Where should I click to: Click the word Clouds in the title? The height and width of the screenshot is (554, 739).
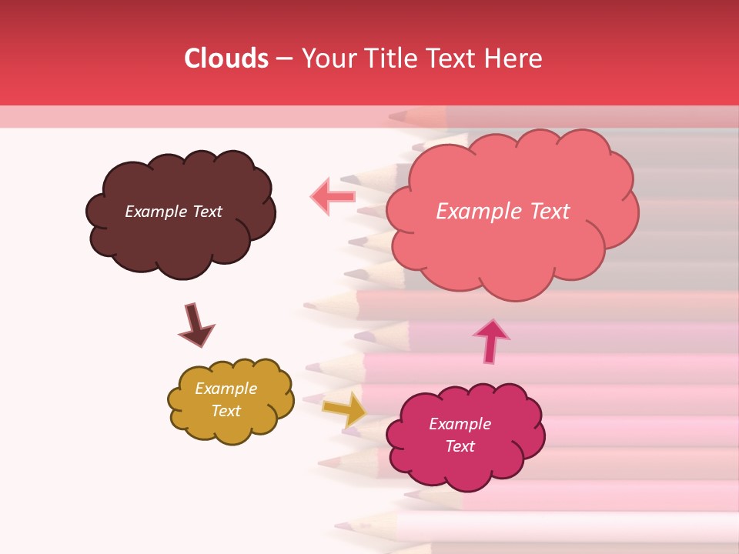(x=226, y=58)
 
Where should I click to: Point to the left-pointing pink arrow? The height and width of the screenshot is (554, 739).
(x=333, y=196)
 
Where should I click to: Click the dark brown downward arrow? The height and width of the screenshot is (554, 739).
(x=196, y=325)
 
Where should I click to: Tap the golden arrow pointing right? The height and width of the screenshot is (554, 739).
(x=345, y=409)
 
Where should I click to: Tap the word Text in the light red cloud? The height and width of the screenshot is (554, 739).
(x=543, y=212)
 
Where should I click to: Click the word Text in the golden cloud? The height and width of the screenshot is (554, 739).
(x=226, y=411)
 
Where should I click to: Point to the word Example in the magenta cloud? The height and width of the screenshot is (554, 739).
(x=460, y=424)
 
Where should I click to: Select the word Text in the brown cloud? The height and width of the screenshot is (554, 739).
(x=207, y=212)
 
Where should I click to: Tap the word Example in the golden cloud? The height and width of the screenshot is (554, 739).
(x=226, y=389)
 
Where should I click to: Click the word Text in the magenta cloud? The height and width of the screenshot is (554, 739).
(x=460, y=446)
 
